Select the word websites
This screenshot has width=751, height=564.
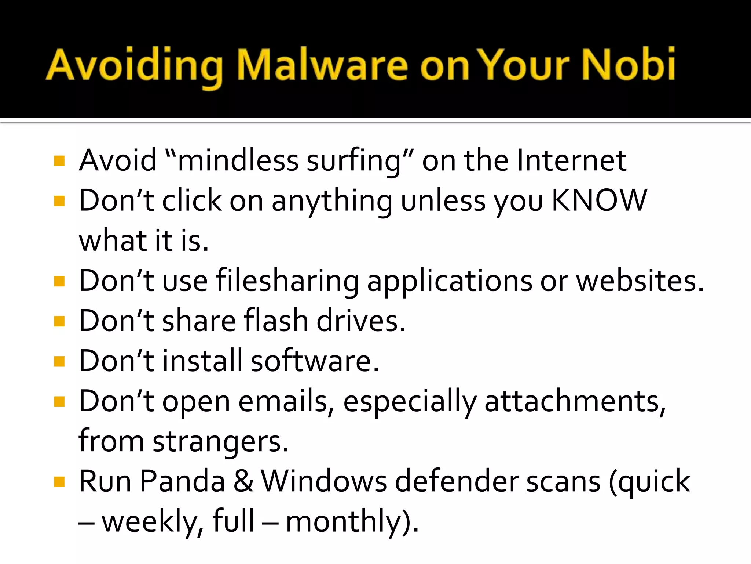tap(640, 281)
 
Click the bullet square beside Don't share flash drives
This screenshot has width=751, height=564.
tap(59, 322)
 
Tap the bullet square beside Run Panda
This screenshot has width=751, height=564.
tap(59, 481)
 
